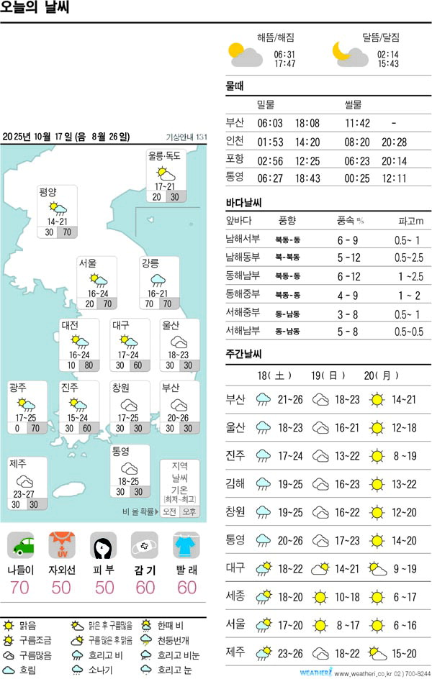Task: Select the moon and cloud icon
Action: pyautogui.click(x=350, y=54)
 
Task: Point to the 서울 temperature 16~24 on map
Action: pyautogui.click(x=99, y=293)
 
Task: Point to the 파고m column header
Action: pyautogui.click(x=410, y=220)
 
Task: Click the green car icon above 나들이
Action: pyautogui.click(x=24, y=545)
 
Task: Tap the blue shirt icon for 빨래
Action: pyautogui.click(x=186, y=545)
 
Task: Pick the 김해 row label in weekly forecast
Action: pyautogui.click(x=235, y=505)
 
